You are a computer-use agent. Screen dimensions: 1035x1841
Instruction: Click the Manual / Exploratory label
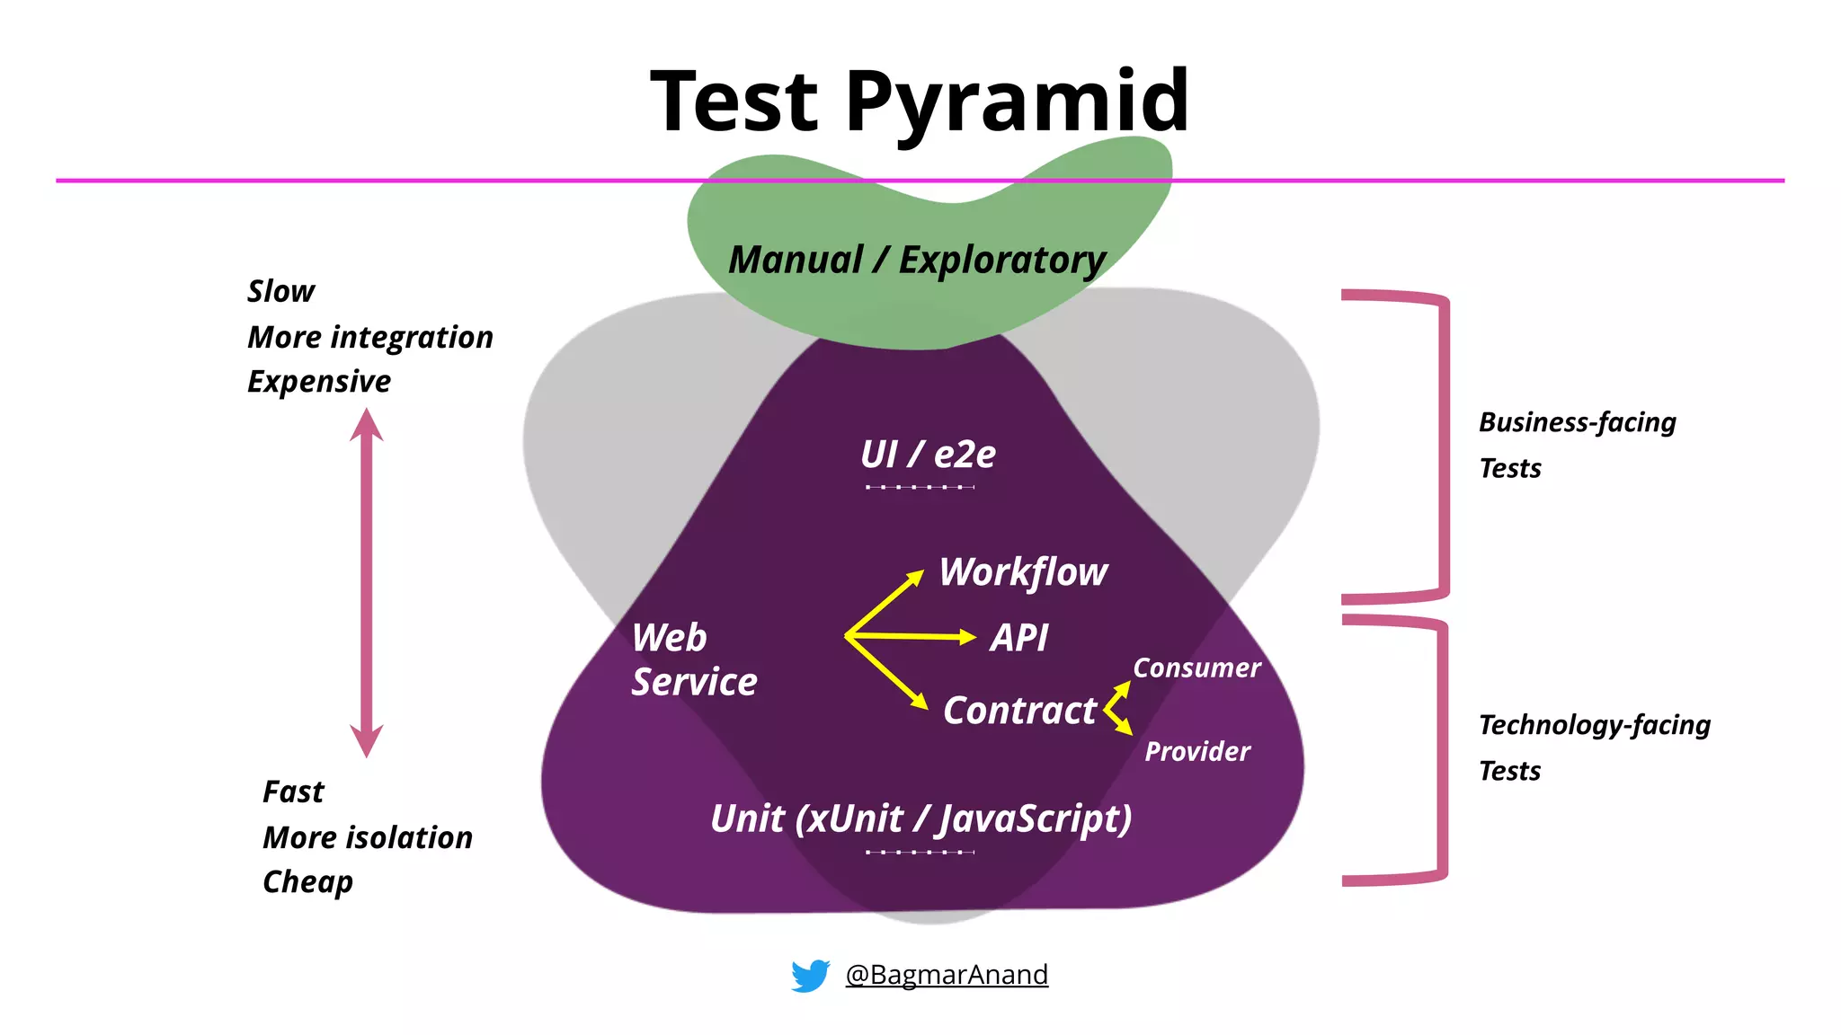point(916,261)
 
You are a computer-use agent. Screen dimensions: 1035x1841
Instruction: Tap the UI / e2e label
point(927,455)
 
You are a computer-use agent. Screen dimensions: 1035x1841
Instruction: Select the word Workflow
point(1023,572)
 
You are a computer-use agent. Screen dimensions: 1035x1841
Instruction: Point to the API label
point(1018,638)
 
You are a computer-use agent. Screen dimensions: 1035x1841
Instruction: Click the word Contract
point(1019,711)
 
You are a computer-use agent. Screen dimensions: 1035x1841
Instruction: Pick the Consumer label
point(1196,668)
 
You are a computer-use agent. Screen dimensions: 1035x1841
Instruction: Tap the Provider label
point(1196,751)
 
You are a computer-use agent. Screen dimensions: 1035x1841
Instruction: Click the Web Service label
point(693,659)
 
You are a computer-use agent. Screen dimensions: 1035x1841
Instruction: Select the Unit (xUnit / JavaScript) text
point(920,819)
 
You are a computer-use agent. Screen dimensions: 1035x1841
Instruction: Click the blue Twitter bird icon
point(810,975)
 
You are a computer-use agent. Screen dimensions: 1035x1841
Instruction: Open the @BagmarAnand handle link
point(947,975)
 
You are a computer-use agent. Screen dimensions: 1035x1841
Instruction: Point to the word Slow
point(280,291)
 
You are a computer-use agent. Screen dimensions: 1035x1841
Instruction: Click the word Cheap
point(307,882)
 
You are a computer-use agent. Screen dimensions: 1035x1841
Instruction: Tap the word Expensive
point(319,382)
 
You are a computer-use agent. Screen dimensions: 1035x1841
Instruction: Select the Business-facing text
point(1577,422)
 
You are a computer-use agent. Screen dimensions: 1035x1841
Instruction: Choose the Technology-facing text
point(1594,725)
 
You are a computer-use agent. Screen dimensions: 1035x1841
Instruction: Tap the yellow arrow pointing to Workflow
point(885,602)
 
